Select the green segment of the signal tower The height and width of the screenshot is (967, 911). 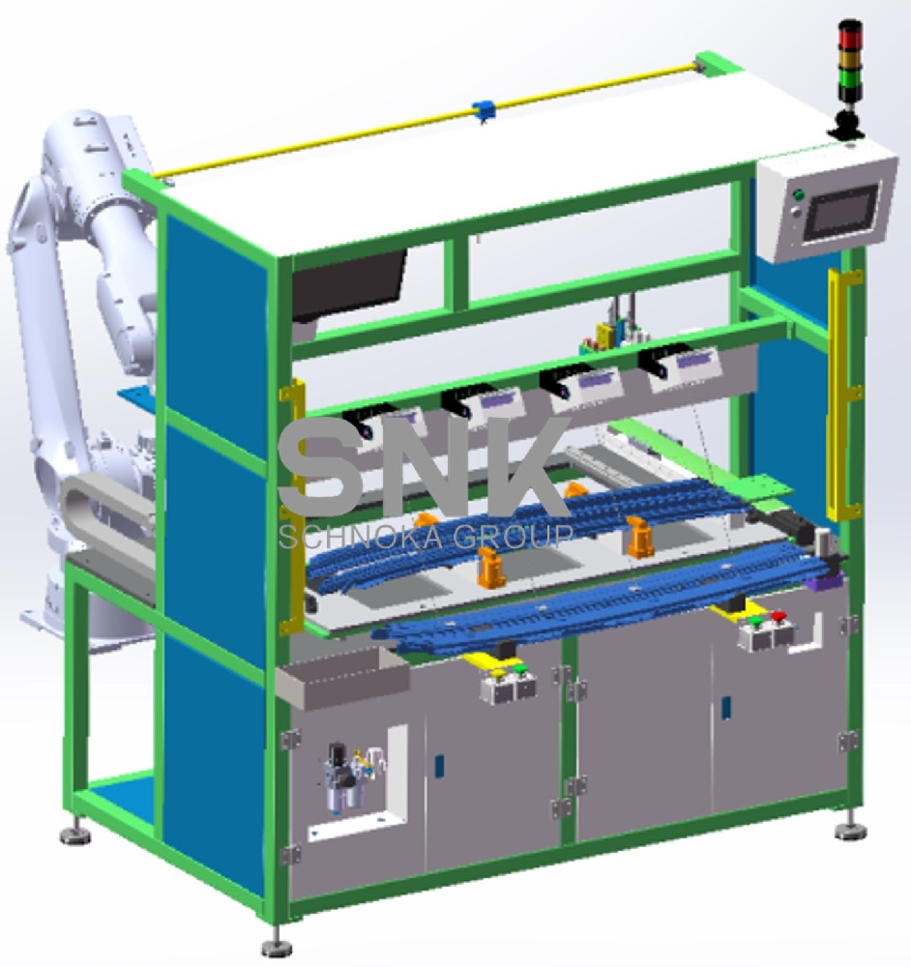pyautogui.click(x=849, y=86)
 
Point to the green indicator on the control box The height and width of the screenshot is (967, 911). pyautogui.click(x=798, y=195)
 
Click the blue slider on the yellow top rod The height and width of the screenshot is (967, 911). pyautogui.click(x=484, y=110)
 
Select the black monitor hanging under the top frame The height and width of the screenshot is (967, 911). pyautogui.click(x=348, y=283)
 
